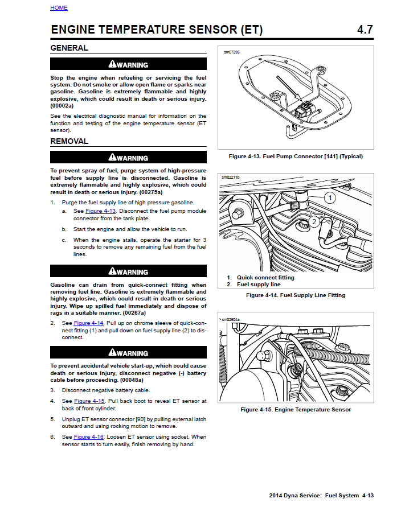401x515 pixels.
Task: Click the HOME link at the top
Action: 59,8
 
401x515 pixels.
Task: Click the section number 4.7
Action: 365,30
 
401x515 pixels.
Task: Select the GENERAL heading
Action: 69,48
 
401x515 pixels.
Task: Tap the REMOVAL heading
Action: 69,142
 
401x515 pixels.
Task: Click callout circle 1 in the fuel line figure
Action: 329,198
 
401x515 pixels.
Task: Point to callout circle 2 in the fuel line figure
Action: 313,222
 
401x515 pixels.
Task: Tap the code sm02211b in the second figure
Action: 231,178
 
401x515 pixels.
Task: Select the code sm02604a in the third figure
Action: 231,319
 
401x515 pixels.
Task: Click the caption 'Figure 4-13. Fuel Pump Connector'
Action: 296,156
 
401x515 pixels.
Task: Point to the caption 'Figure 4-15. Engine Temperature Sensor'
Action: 296,410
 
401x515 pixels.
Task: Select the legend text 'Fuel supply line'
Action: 259,285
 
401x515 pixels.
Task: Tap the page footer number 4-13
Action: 368,496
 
